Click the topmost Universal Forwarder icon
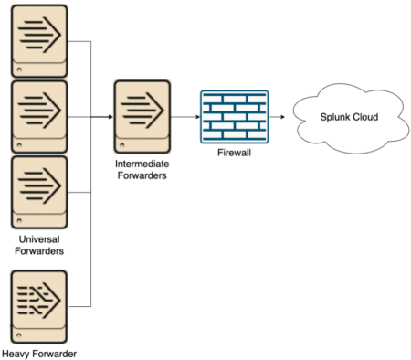(x=38, y=41)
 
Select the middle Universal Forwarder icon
(x=38, y=116)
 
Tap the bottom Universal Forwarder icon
(x=38, y=193)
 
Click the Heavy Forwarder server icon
(x=38, y=304)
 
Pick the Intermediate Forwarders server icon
(x=140, y=117)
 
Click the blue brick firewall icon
(x=234, y=117)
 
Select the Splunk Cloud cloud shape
(x=347, y=118)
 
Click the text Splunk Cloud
(x=347, y=117)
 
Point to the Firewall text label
(x=234, y=154)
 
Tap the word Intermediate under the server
(x=140, y=165)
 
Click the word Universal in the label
(x=38, y=240)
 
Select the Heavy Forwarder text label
(x=38, y=353)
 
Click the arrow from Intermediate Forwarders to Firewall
(x=185, y=117)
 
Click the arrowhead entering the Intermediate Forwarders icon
(x=109, y=117)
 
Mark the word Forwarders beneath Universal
(x=38, y=252)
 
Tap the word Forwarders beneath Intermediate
(x=140, y=177)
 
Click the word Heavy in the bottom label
(x=17, y=353)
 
